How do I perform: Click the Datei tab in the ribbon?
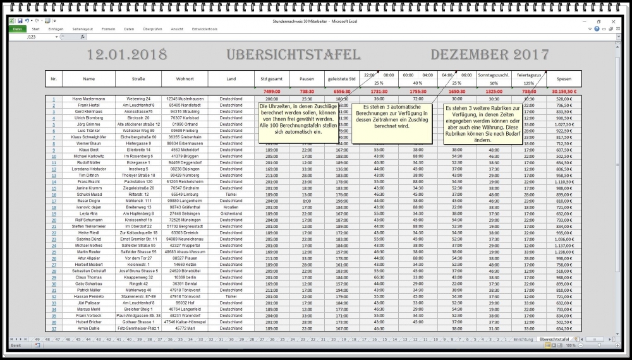17,29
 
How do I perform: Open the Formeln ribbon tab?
108,29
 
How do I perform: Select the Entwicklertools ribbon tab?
205,29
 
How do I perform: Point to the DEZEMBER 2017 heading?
487,55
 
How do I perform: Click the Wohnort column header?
185,79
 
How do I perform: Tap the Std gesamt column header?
272,79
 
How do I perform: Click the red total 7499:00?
272,92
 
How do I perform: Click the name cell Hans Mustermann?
88,99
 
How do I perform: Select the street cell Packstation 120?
138,181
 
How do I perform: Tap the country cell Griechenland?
231,213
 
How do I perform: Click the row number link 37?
54,328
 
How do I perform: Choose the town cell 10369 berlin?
185,276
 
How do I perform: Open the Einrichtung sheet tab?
523,340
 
